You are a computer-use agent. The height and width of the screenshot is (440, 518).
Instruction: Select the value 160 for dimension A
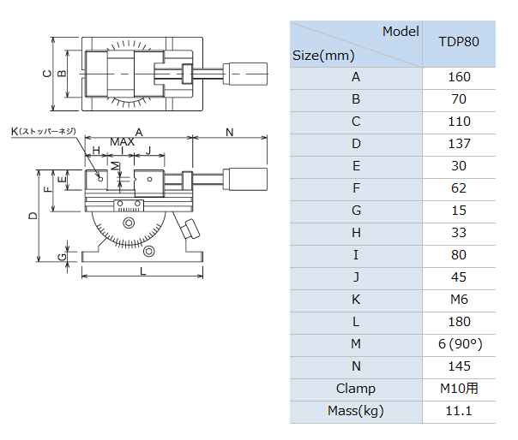click(459, 77)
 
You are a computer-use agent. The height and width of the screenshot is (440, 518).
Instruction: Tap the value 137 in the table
click(459, 144)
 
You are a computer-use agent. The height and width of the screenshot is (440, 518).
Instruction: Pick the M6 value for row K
click(459, 300)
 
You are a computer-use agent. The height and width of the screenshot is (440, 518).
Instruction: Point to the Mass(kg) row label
click(356, 411)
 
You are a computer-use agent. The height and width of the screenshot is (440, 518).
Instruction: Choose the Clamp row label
click(356, 389)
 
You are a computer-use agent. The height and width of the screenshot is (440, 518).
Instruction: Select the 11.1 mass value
click(459, 411)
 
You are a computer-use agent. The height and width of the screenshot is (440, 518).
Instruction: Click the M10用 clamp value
click(459, 389)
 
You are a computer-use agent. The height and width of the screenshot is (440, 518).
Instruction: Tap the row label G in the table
click(356, 211)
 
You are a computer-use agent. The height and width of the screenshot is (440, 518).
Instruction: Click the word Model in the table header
click(401, 32)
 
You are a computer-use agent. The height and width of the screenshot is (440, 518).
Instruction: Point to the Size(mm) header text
click(323, 56)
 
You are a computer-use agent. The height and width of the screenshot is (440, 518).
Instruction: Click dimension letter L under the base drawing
click(142, 271)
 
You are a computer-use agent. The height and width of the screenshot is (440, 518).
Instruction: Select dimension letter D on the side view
click(33, 216)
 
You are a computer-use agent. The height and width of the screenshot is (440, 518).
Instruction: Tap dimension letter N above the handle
click(230, 133)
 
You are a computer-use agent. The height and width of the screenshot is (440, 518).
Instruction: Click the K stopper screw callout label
click(43, 132)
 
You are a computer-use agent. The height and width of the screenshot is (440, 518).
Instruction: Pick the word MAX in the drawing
click(123, 142)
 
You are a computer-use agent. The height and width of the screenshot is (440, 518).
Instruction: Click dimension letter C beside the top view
click(47, 74)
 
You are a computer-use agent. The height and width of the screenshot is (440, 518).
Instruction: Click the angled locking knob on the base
click(190, 229)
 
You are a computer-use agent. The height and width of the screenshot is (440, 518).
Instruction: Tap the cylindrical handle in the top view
click(245, 74)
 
